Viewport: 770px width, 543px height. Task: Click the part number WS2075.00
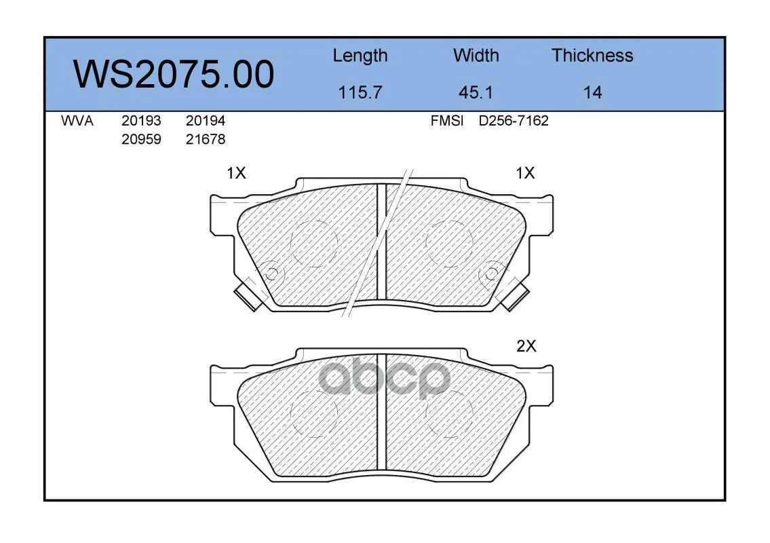(174, 74)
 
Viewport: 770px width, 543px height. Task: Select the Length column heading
(360, 56)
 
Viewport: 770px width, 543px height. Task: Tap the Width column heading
(476, 55)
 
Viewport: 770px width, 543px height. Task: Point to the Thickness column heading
(592, 55)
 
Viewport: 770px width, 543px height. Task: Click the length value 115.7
(360, 92)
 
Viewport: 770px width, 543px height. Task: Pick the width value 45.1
(476, 92)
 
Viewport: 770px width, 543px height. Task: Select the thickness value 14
(592, 92)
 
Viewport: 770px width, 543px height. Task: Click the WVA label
(77, 121)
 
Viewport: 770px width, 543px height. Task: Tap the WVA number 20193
(141, 121)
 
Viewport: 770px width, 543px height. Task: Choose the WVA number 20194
(206, 121)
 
